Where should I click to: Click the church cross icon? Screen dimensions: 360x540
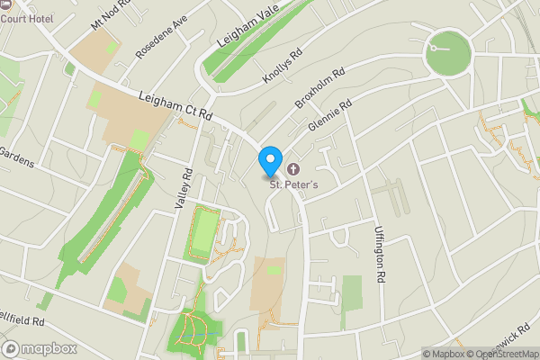pos(293,168)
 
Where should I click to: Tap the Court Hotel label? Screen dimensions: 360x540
pos(26,19)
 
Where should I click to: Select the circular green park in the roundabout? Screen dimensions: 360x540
pos(448,53)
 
